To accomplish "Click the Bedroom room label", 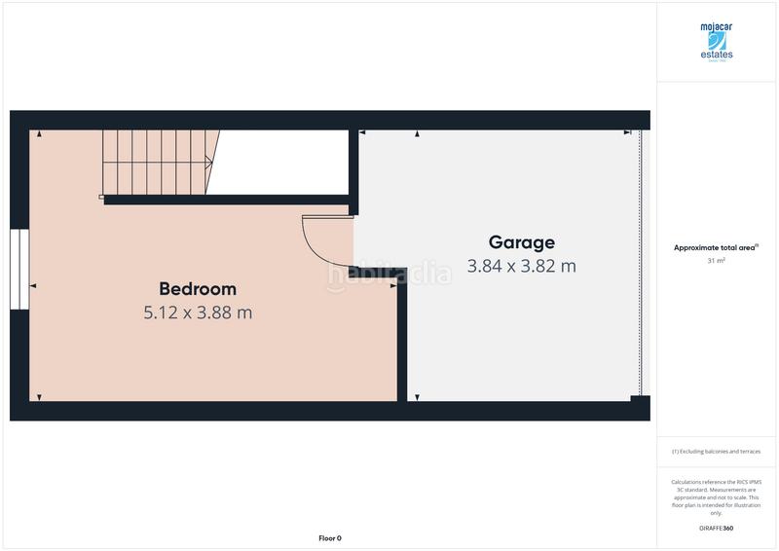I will coord(198,289).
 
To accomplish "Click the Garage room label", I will coord(522,242).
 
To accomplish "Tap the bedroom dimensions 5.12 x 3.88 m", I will coord(198,312).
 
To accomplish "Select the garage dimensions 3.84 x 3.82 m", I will coord(522,265).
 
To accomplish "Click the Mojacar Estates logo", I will coord(716,42).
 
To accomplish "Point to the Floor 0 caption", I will coord(330,537).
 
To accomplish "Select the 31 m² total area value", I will coord(716,261).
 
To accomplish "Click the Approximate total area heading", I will coord(716,248).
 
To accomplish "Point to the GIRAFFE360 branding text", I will coord(716,528).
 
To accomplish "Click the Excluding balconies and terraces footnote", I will coord(716,452).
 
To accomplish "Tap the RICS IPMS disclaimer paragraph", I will coord(716,496).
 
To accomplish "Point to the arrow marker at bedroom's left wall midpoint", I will coord(33,286).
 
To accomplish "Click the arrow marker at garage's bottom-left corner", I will coord(416,397).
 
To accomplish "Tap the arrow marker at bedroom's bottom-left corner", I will coord(38,397).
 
